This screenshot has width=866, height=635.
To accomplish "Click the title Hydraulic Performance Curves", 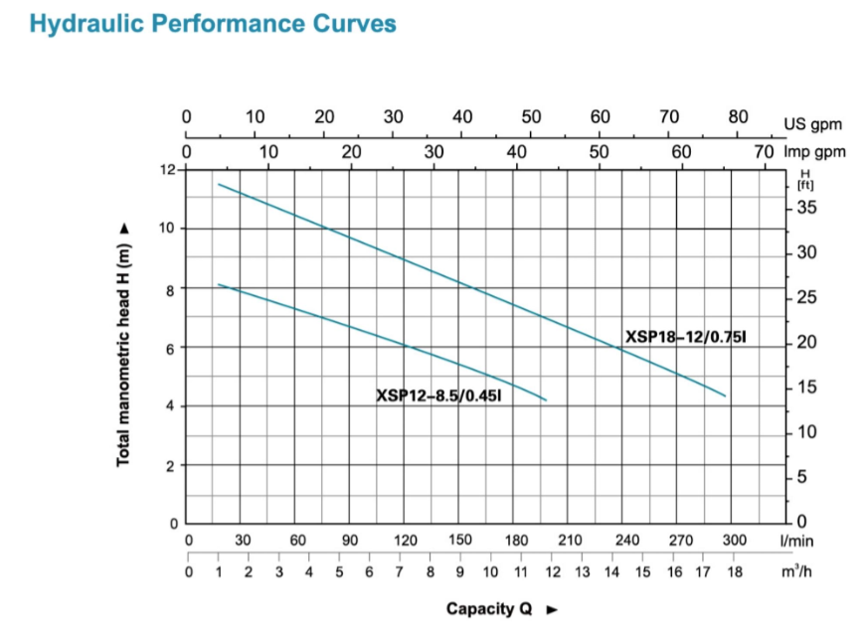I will coord(213,24).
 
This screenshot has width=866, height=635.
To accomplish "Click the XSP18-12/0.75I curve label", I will coord(685,338).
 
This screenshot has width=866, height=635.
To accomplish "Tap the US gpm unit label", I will coord(812,124).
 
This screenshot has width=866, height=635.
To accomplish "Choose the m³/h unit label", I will coord(797,571).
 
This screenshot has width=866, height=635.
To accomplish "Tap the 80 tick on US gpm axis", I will coord(738,115).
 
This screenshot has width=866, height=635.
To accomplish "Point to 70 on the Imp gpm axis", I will coord(763,153).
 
